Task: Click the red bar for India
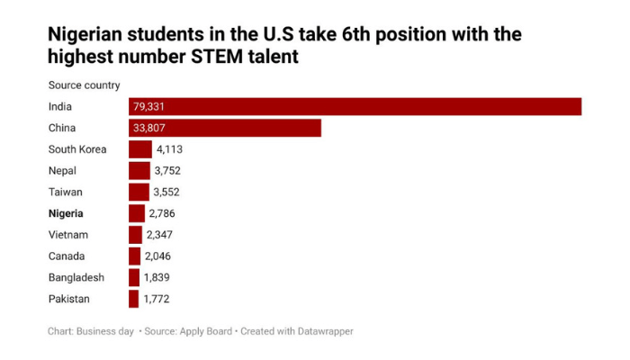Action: click(355, 106)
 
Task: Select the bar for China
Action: click(225, 128)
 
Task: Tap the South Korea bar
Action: click(140, 149)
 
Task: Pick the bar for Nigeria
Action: click(137, 213)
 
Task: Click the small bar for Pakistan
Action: click(133, 299)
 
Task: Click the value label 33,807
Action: click(150, 128)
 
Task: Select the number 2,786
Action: click(164, 213)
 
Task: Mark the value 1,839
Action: click(158, 277)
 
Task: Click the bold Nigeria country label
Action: click(66, 213)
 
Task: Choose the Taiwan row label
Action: click(65, 192)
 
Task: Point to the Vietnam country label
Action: click(68, 235)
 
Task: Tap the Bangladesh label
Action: click(76, 277)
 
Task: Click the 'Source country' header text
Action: click(84, 85)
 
